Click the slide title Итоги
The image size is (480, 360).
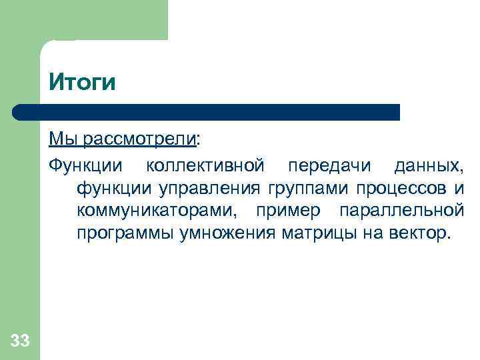(x=82, y=83)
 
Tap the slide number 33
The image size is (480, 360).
(x=20, y=341)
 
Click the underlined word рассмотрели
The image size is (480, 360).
(x=139, y=139)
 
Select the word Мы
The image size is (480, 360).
(x=62, y=139)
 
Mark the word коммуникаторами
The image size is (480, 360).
(x=156, y=211)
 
